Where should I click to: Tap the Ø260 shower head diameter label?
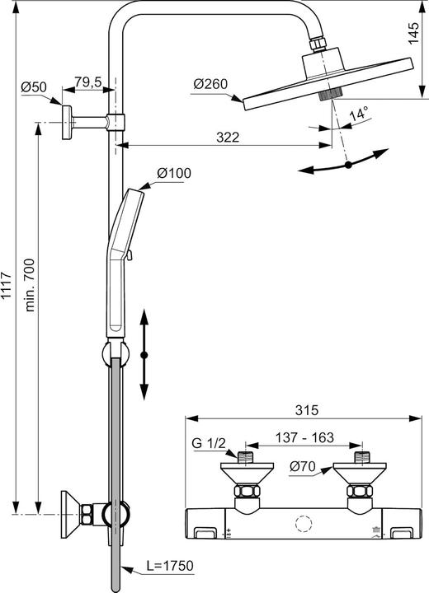(x=210, y=83)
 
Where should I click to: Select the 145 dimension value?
(x=413, y=33)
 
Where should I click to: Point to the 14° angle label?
(x=359, y=113)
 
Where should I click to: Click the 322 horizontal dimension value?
(x=228, y=137)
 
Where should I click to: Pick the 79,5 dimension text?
(x=88, y=82)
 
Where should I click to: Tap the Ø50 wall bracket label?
(x=34, y=87)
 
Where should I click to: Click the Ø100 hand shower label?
(x=174, y=173)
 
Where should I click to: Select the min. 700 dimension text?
(x=30, y=285)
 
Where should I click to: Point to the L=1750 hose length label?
(x=170, y=566)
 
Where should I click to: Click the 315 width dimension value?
(x=307, y=409)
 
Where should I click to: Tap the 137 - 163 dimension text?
(x=304, y=437)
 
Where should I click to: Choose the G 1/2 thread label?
(x=209, y=443)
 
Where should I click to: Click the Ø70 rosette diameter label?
(x=303, y=467)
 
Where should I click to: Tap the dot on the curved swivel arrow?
(x=348, y=165)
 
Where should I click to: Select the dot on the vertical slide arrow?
(x=144, y=355)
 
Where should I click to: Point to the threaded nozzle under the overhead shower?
(x=331, y=94)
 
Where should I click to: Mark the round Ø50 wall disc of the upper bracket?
(x=66, y=123)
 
